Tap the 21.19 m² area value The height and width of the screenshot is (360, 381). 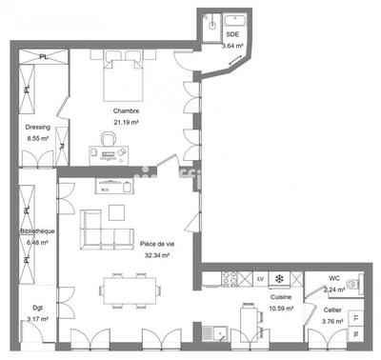pos(126,123)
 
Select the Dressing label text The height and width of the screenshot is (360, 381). pos(37,127)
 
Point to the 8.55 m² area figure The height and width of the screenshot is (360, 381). pos(37,139)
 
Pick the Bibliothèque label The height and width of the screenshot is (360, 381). pos(38,231)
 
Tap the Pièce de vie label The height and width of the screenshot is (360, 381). pos(154,245)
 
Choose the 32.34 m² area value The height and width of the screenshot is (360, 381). pos(154,255)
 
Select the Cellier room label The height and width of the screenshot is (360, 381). pos(332,310)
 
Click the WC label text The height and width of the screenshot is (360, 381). pos(334,279)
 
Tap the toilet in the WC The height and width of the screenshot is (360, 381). pos(353,283)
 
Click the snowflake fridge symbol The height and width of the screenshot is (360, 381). pos(279,278)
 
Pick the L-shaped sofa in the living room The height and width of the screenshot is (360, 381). pos(103,229)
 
